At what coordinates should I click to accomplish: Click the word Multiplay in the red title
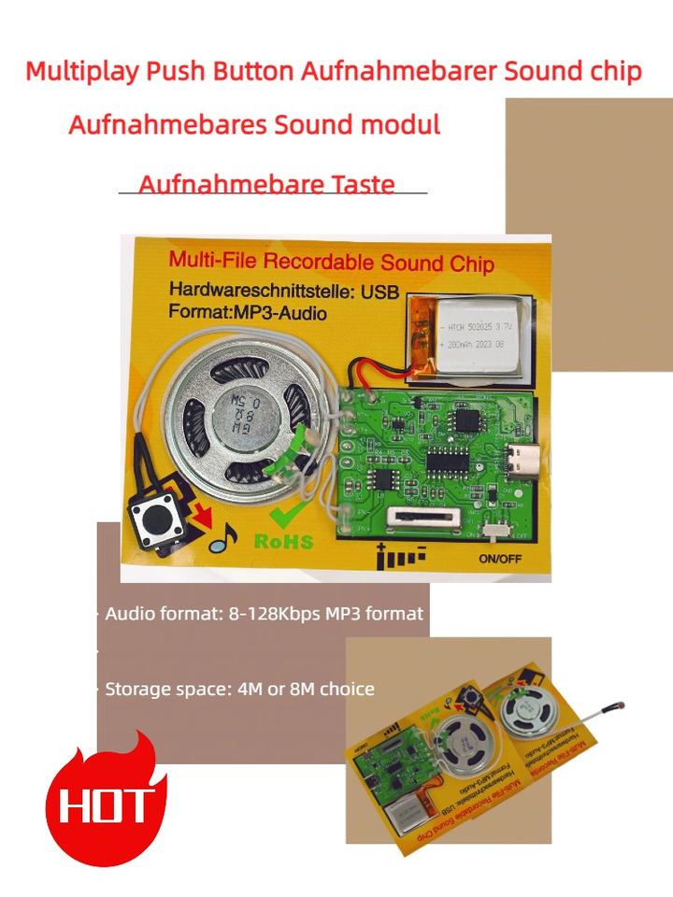pos(79,72)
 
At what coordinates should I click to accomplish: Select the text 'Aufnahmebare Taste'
pos(266,183)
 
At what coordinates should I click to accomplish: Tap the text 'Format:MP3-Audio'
pos(248,313)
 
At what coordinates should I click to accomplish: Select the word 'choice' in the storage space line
pos(345,689)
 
